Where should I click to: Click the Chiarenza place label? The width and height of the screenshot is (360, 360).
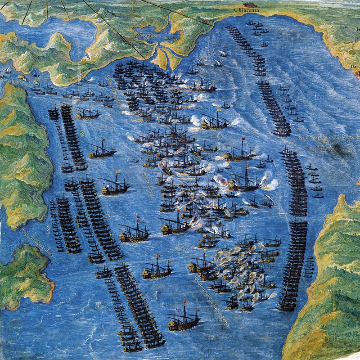pos(247,9)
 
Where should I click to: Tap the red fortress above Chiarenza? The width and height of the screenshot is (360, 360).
pos(248,4)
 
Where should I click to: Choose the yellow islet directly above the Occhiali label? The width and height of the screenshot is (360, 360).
pos(22,77)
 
